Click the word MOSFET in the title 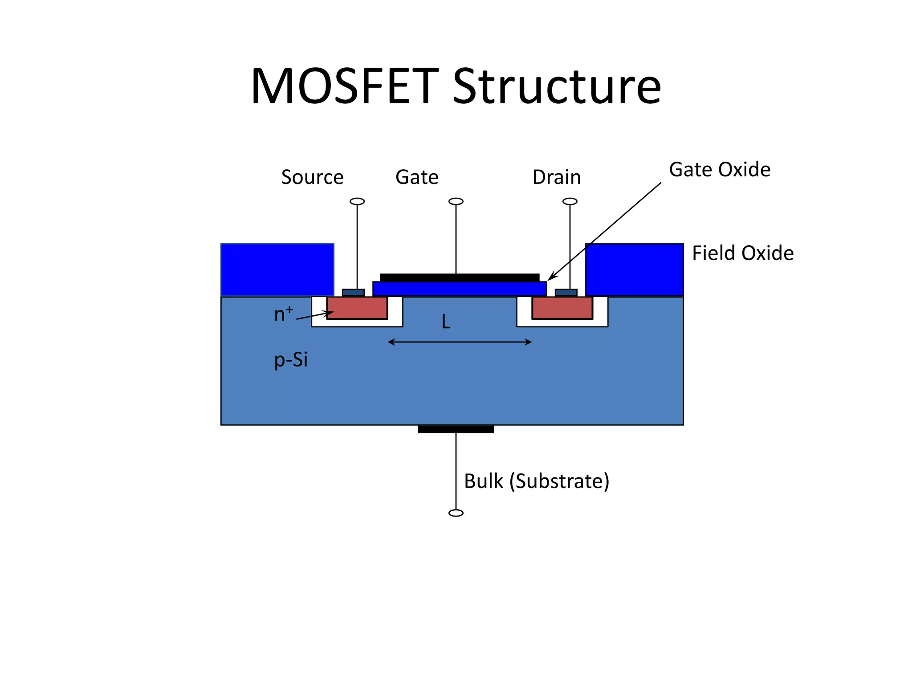click(x=345, y=86)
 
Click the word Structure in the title click(x=557, y=86)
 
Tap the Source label click(x=312, y=177)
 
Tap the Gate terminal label click(x=417, y=177)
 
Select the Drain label click(x=557, y=177)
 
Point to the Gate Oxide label click(x=720, y=170)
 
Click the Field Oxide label click(x=742, y=253)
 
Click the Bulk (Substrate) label click(x=537, y=481)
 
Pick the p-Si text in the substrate click(x=291, y=360)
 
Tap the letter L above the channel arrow click(x=446, y=322)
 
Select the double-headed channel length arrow click(x=460, y=342)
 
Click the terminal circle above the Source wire click(x=357, y=201)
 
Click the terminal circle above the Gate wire click(x=456, y=201)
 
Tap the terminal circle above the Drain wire click(x=570, y=201)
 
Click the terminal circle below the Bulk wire click(x=456, y=513)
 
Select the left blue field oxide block click(x=277, y=269)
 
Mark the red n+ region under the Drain click(x=562, y=308)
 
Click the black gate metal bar click(x=460, y=277)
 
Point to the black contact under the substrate click(x=456, y=429)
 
